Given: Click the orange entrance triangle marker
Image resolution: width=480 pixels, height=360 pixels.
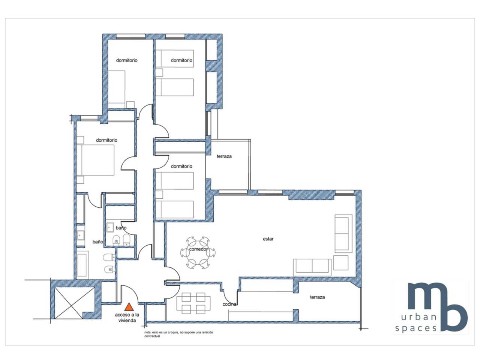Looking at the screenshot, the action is pos(129,307).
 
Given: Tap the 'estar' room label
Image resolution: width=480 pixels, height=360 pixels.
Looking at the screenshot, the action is pos(268,239).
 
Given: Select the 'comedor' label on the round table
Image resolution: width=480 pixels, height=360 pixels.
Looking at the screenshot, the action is pos(198,249).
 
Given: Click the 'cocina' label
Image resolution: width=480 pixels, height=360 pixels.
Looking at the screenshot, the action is pos(229,304).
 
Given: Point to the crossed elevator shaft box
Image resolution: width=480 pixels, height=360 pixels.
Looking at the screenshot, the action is pos(75,303).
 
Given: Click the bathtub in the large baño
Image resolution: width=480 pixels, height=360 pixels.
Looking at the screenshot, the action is pos(82,265).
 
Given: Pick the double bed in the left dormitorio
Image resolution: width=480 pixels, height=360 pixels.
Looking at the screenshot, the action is pos(95,160).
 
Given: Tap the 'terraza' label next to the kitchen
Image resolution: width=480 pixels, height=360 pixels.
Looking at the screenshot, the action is pos(317,297).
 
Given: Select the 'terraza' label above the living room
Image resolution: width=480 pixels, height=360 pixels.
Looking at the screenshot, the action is pos(224,156).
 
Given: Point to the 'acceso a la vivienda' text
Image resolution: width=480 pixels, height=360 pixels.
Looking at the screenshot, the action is pos(127,318).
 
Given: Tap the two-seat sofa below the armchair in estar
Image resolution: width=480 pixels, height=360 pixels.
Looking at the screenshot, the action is pos(312,267).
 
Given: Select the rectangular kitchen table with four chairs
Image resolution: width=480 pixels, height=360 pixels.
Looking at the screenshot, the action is pos(193,303).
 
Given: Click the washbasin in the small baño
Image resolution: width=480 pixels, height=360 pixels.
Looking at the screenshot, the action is pos(110,228).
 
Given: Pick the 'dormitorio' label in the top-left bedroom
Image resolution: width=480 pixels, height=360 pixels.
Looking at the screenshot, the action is pos(127,60).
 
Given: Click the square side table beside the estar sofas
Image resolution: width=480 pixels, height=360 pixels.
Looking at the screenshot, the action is pos(341,263).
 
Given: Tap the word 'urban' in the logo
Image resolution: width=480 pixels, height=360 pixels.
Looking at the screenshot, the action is pos(418,317).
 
